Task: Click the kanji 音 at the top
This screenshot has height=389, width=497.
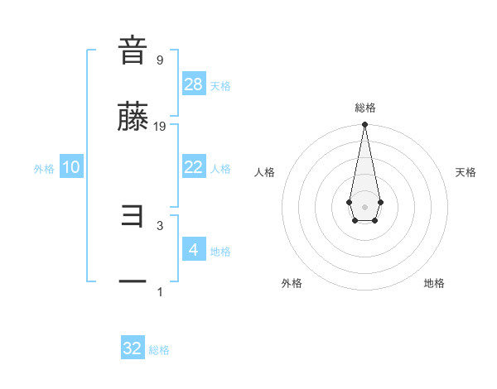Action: pyautogui.click(x=133, y=50)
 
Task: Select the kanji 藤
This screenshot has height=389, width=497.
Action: pyautogui.click(x=133, y=118)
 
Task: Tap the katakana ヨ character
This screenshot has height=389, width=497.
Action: pyautogui.click(x=133, y=217)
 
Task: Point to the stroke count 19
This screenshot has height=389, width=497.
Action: pyautogui.click(x=160, y=127)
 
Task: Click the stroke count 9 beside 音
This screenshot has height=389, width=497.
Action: pyautogui.click(x=159, y=60)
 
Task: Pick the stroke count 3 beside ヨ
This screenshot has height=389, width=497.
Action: pyautogui.click(x=159, y=225)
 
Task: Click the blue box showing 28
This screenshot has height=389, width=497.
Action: pyautogui.click(x=193, y=84)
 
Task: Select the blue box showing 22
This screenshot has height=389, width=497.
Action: pyautogui.click(x=193, y=167)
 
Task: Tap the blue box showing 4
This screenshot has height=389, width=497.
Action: pyautogui.click(x=193, y=249)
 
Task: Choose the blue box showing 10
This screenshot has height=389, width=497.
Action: pyautogui.click(x=71, y=167)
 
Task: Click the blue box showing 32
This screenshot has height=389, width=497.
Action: pyautogui.click(x=133, y=348)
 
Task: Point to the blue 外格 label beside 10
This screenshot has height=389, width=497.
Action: pyautogui.click(x=44, y=169)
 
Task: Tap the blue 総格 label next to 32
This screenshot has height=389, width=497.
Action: pyautogui.click(x=160, y=350)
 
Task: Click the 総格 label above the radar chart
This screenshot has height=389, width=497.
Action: pyautogui.click(x=364, y=108)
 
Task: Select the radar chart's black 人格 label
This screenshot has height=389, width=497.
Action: pyautogui.click(x=265, y=172)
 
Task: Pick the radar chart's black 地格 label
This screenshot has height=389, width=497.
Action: pyautogui.click(x=434, y=283)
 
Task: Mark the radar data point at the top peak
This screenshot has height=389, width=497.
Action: pyautogui.click(x=364, y=125)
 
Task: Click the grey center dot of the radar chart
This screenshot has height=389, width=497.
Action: pyautogui.click(x=364, y=205)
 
